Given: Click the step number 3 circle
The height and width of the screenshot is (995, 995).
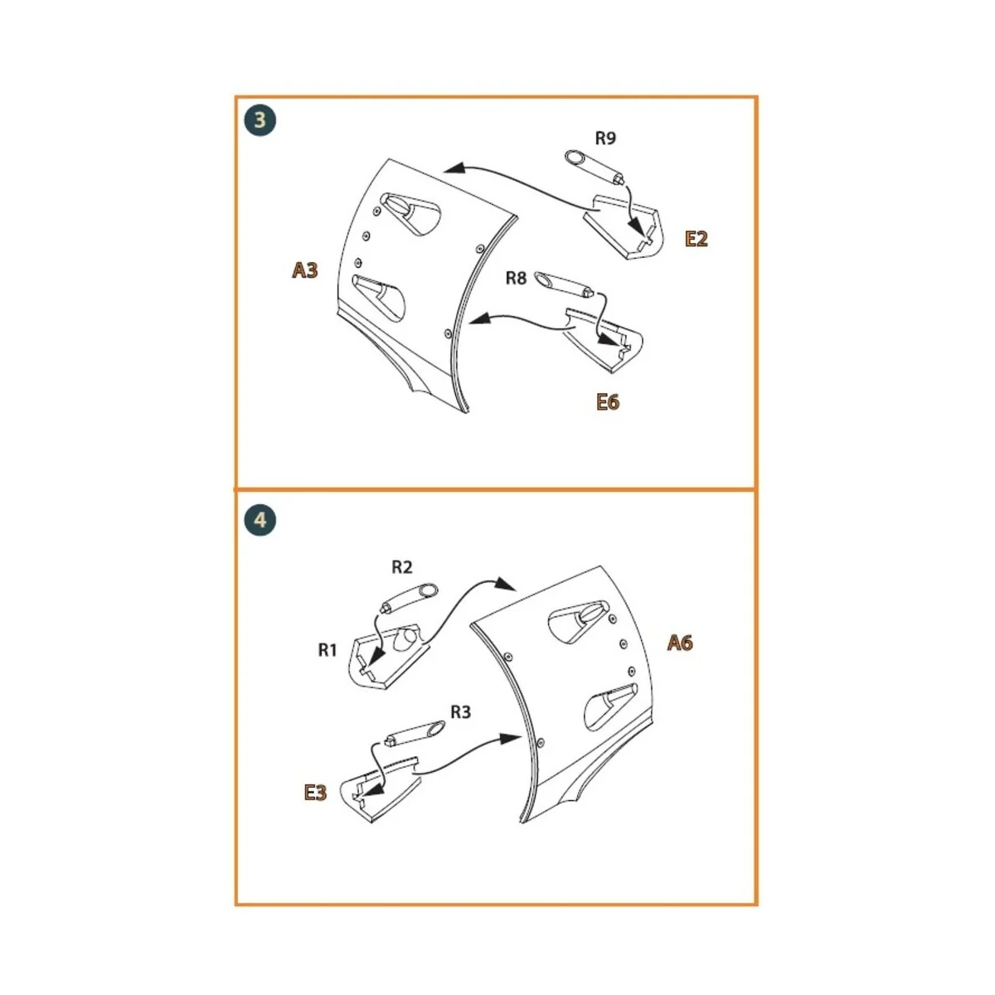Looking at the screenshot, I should coord(260,121).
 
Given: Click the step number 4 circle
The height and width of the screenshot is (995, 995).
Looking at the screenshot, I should coord(260,521).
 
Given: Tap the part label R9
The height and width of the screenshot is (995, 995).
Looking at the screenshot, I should coord(605,138).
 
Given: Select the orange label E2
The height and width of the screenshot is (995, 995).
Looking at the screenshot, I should coord(696,239).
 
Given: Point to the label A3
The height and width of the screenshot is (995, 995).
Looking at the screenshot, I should coord(304,269).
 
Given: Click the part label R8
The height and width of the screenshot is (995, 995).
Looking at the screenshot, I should coord(516,278).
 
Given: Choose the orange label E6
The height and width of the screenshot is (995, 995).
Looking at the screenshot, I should coord(608,402).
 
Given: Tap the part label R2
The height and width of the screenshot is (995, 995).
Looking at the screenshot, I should coord(401,567).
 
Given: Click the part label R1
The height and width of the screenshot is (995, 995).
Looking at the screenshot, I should coord(328,650).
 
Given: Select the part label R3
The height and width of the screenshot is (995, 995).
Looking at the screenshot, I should coord(460,711).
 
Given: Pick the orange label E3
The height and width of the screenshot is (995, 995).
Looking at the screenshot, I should coord(315,793).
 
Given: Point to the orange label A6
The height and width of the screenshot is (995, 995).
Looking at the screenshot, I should coord(680,643).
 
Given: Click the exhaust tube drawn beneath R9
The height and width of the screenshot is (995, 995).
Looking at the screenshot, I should coord(595,166).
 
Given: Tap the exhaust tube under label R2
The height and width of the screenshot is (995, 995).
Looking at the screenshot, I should coord(409,598).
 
